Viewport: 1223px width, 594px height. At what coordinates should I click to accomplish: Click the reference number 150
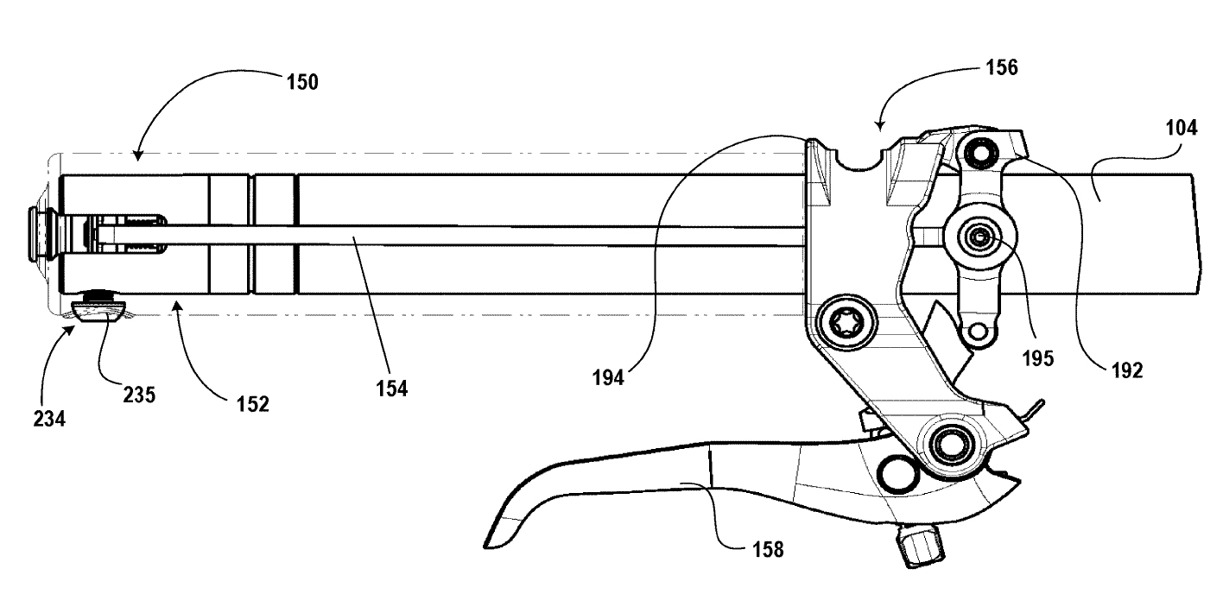pos(302,83)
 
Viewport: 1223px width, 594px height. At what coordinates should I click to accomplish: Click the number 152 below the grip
pos(251,402)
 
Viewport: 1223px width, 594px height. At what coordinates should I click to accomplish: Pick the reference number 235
pos(138,395)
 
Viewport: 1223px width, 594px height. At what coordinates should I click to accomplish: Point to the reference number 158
pos(766,548)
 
